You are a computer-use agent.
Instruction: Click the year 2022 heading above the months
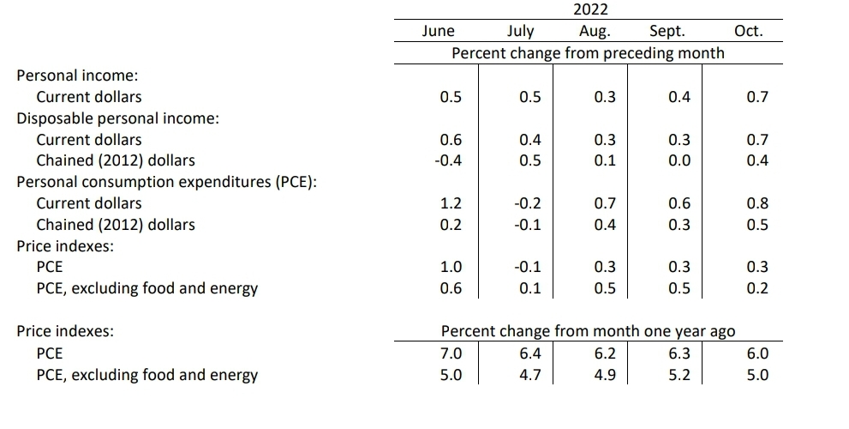click(591, 9)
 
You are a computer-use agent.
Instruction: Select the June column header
click(438, 31)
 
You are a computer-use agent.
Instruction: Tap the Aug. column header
click(595, 32)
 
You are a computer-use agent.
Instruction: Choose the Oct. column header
click(748, 31)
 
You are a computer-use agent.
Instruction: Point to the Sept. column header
click(667, 32)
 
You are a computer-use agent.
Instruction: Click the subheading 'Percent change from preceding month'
click(588, 53)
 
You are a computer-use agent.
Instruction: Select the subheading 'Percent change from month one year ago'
click(588, 331)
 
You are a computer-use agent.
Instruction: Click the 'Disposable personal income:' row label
click(118, 118)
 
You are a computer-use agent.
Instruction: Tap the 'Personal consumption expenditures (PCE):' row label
click(167, 182)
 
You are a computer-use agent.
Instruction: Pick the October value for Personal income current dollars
click(757, 97)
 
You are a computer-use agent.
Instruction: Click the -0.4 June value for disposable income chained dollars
click(448, 160)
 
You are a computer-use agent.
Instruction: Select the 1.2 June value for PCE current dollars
click(451, 203)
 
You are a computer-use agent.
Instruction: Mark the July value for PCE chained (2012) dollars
click(528, 225)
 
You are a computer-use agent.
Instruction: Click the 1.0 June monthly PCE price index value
click(451, 267)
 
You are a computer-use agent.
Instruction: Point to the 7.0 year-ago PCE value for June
click(451, 353)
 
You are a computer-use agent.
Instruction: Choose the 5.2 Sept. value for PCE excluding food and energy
click(679, 375)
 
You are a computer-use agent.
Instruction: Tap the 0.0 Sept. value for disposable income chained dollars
click(679, 160)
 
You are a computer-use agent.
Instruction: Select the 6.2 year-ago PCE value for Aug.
click(605, 353)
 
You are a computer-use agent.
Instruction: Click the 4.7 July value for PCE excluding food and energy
click(530, 375)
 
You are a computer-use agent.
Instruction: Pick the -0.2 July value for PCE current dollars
click(528, 203)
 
